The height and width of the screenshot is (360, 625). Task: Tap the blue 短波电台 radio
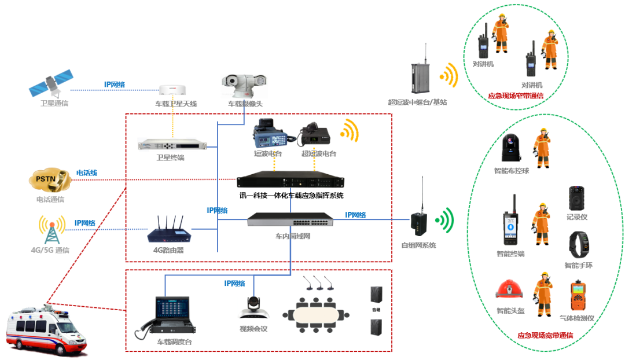(x=270, y=135)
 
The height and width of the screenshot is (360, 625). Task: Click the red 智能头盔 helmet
(x=510, y=292)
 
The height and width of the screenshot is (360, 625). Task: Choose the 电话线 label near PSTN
(x=87, y=172)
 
